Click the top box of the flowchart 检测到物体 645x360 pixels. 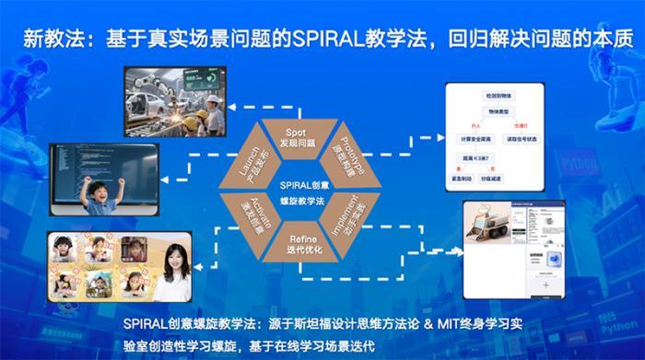point(506,96)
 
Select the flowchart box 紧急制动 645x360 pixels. point(477,180)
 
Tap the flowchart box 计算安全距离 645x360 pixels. point(478,138)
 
